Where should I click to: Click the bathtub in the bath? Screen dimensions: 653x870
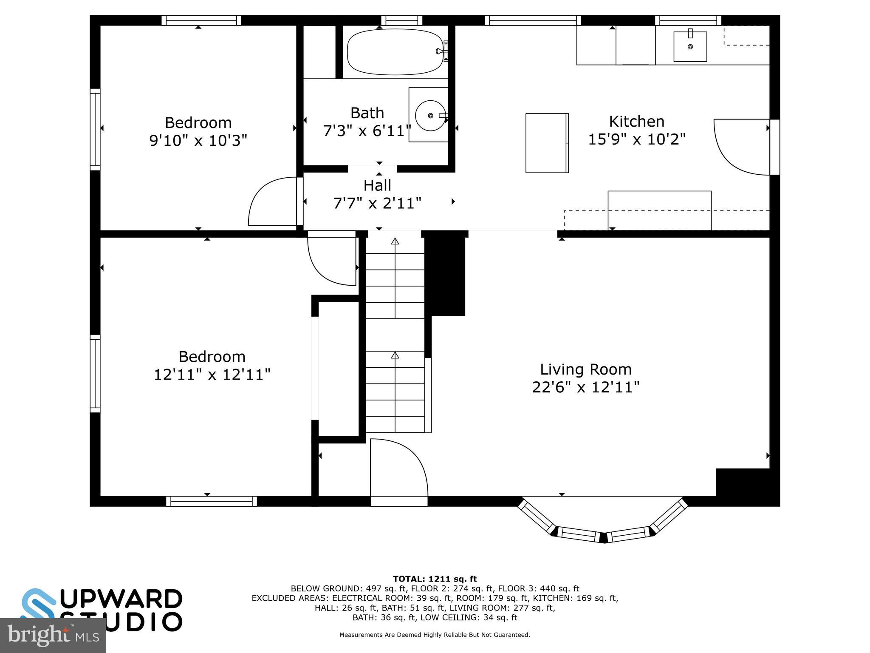point(394,52)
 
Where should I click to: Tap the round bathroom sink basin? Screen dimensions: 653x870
point(430,115)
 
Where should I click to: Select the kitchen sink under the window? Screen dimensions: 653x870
point(690,46)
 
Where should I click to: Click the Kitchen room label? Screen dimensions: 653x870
point(636,122)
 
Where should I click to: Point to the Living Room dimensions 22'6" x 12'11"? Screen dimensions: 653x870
point(585,387)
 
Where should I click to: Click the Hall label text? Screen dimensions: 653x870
point(377,185)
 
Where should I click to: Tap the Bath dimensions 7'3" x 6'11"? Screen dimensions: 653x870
point(367,131)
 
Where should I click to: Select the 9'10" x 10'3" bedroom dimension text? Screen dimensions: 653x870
point(198,140)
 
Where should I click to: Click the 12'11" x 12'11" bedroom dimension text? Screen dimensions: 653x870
point(212,375)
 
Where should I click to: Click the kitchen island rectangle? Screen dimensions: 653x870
point(547,143)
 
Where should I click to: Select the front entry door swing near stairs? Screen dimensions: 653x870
point(398,468)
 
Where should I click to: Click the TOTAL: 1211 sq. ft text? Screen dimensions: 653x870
point(435,579)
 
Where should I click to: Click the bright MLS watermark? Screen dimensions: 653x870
point(53,635)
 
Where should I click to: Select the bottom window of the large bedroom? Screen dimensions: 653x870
point(211,501)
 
